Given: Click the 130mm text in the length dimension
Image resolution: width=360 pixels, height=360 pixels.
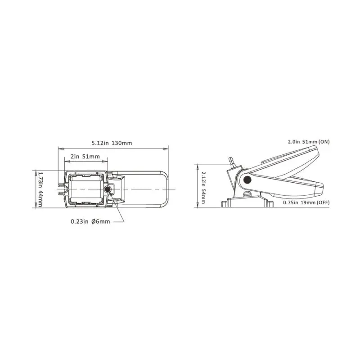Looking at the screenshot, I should point(123,143).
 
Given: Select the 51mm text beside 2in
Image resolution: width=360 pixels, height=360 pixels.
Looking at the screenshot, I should point(92,157).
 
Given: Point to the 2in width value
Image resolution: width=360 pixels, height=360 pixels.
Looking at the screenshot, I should point(75,157).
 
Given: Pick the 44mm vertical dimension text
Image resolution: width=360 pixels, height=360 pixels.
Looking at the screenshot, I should point(40,198).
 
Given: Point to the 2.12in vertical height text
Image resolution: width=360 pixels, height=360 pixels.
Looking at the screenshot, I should point(203,179).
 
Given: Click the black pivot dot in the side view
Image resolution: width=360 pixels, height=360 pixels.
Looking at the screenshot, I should point(247,180).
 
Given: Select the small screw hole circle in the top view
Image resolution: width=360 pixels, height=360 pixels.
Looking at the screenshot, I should point(107,189).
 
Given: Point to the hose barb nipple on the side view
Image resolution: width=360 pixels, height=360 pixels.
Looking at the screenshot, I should point(231,161).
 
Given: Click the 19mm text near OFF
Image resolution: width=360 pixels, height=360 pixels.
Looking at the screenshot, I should point(309,203).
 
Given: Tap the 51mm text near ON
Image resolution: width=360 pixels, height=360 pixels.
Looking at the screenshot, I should point(310,142).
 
